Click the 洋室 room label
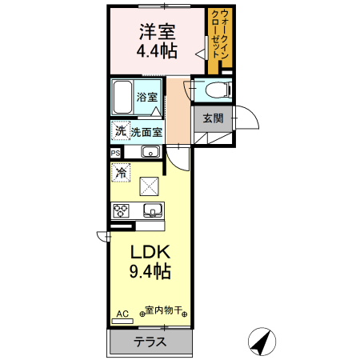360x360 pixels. pyautogui.click(x=157, y=33)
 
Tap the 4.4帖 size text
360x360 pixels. pyautogui.click(x=157, y=52)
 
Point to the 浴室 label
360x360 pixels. pyautogui.click(x=146, y=97)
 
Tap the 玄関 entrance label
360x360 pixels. pyautogui.click(x=212, y=118)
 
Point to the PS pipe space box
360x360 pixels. pyautogui.click(x=115, y=152)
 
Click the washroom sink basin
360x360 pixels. pyautogui.click(x=150, y=152)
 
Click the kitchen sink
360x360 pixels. pyautogui.click(x=152, y=210)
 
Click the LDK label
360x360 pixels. pyautogui.click(x=150, y=253)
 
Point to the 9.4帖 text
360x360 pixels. pyautogui.click(x=150, y=272)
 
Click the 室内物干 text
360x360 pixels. pyautogui.click(x=165, y=310)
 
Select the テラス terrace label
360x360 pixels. pyautogui.click(x=150, y=342)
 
